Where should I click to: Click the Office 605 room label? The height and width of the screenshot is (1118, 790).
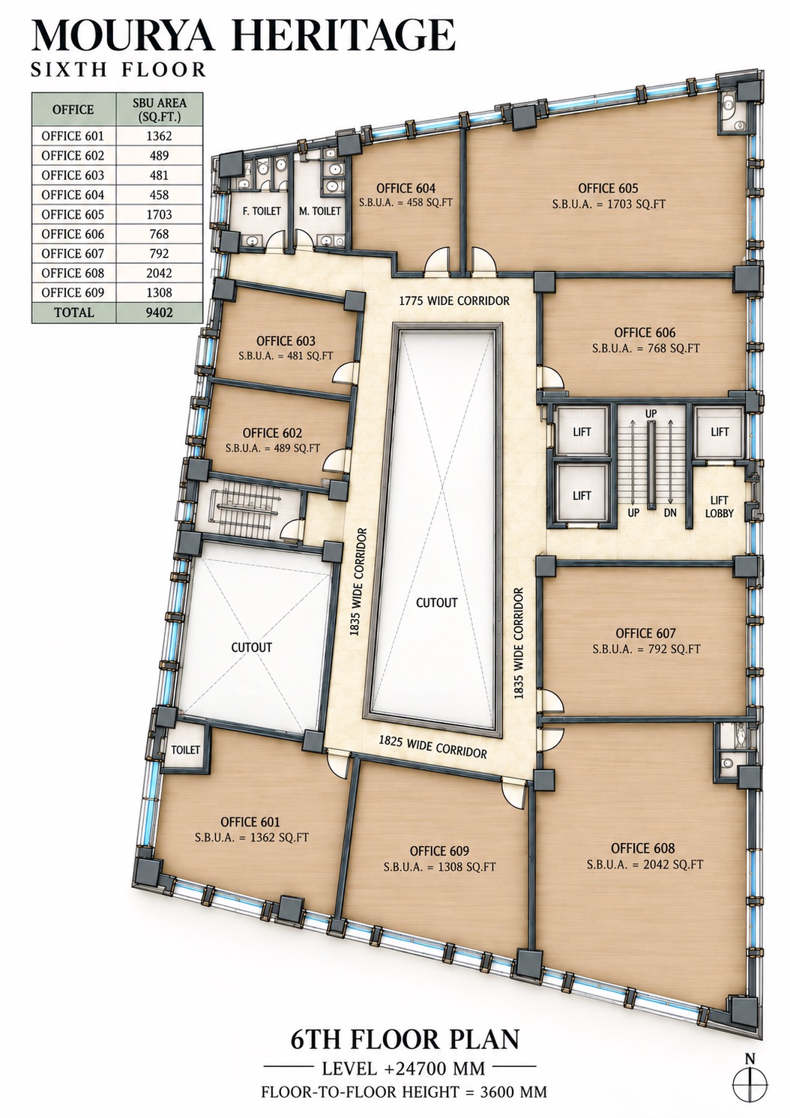coord(608,188)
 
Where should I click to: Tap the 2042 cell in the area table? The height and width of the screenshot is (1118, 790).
coord(160,273)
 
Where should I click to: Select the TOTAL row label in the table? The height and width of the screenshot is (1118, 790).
coord(74,312)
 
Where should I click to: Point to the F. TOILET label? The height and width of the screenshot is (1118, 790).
coord(261,211)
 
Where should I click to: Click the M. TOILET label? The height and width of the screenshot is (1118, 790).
coord(319,211)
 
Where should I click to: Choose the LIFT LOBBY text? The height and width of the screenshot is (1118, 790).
coord(719,506)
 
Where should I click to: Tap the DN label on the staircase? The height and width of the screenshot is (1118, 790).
coord(670,513)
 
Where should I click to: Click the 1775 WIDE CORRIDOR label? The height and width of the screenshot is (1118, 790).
coord(454,300)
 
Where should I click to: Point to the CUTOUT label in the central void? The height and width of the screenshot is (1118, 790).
coord(436,602)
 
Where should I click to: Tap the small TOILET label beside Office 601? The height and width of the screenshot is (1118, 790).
coord(185,749)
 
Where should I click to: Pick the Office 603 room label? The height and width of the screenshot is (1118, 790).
coord(286,341)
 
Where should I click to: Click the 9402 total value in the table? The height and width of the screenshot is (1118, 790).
coord(160,312)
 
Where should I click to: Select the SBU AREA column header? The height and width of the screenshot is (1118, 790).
coord(160,109)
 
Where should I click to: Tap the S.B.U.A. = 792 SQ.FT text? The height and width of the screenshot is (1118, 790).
coord(646,649)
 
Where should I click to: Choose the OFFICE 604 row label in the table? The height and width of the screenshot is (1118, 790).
coord(73,195)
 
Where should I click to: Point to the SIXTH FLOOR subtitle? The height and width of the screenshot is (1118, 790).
coord(119,69)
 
